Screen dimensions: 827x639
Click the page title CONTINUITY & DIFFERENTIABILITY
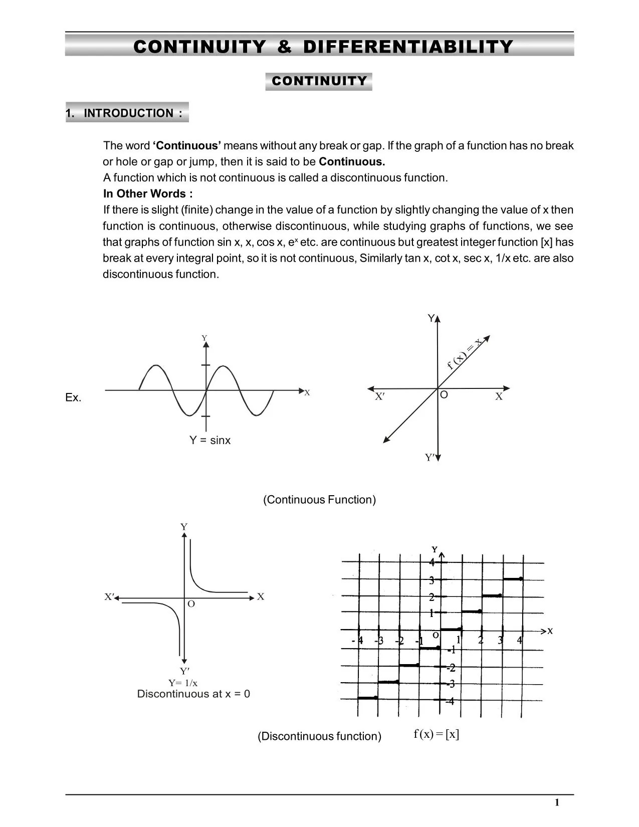point(323,47)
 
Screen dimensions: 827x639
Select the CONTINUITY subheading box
point(319,81)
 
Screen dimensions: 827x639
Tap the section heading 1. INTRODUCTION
point(127,113)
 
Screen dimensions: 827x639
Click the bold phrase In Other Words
point(147,193)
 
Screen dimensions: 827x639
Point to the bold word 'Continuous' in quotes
point(186,146)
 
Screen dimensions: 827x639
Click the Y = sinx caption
point(209,440)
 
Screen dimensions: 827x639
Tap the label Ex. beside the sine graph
point(73,397)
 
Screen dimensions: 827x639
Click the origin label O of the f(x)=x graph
point(444,395)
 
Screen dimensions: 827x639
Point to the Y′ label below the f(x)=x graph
point(430,458)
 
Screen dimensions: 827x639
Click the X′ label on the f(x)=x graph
point(380,396)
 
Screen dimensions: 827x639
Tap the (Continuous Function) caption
point(319,500)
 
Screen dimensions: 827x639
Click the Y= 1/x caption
point(182,683)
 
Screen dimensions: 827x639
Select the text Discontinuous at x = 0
point(193,694)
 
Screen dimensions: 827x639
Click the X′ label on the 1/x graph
point(109,597)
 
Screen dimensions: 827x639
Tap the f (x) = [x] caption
point(436,734)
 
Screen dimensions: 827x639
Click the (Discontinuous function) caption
point(319,736)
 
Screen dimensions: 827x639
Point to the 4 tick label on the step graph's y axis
point(432,563)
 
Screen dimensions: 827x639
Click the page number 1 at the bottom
point(557,803)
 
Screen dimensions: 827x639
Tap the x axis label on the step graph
point(550,631)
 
